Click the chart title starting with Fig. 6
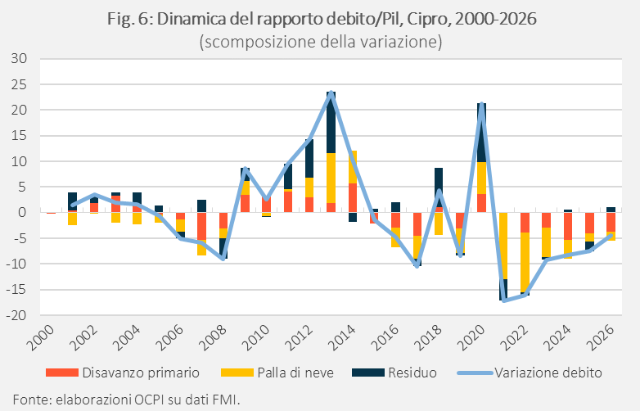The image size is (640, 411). pyautogui.click(x=322, y=19)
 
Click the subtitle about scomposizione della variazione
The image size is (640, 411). pyautogui.click(x=321, y=42)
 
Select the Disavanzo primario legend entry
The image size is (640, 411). pyautogui.click(x=123, y=373)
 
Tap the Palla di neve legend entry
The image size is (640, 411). pyautogui.click(x=277, y=373)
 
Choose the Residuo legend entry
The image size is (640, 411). pyautogui.click(x=394, y=373)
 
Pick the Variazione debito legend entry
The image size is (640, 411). pyautogui.click(x=530, y=373)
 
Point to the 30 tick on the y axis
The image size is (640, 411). pyautogui.click(x=18, y=58)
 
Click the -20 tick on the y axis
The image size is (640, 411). pyautogui.click(x=16, y=315)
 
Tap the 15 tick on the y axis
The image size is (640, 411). pyautogui.click(x=19, y=136)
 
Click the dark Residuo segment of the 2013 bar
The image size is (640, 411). pyautogui.click(x=331, y=123)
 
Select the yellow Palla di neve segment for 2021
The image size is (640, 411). pyautogui.click(x=503, y=246)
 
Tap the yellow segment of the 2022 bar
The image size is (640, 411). pyautogui.click(x=525, y=262)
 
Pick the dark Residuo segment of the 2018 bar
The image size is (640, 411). pyautogui.click(x=439, y=187)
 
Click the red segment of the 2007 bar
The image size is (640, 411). pyautogui.click(x=201, y=226)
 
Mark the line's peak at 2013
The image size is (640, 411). pyautogui.click(x=331, y=93)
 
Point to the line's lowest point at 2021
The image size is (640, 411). pyautogui.click(x=504, y=300)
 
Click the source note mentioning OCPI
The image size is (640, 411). pyautogui.click(x=127, y=399)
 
